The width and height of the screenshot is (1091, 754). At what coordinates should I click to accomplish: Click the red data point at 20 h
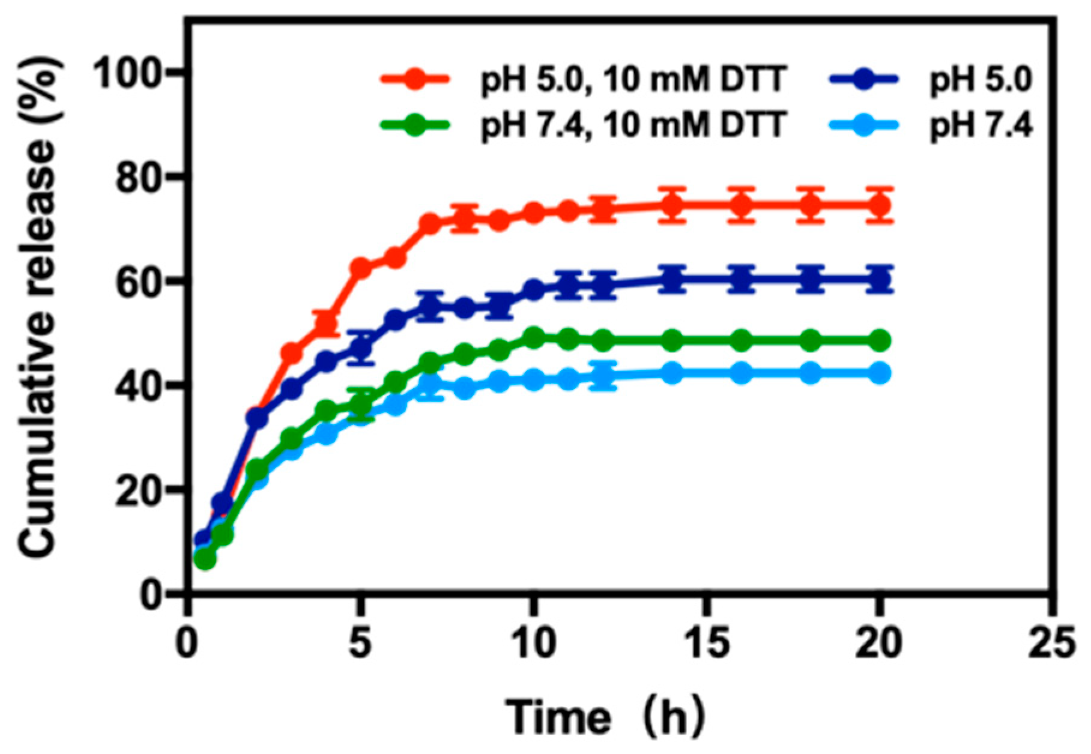point(880,205)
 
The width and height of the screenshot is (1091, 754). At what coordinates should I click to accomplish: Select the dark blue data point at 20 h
point(880,279)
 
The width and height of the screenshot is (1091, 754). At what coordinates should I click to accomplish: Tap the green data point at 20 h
point(880,341)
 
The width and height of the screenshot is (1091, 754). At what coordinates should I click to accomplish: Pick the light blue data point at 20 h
point(880,373)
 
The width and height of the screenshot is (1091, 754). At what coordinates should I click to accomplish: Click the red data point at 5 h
point(361,268)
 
